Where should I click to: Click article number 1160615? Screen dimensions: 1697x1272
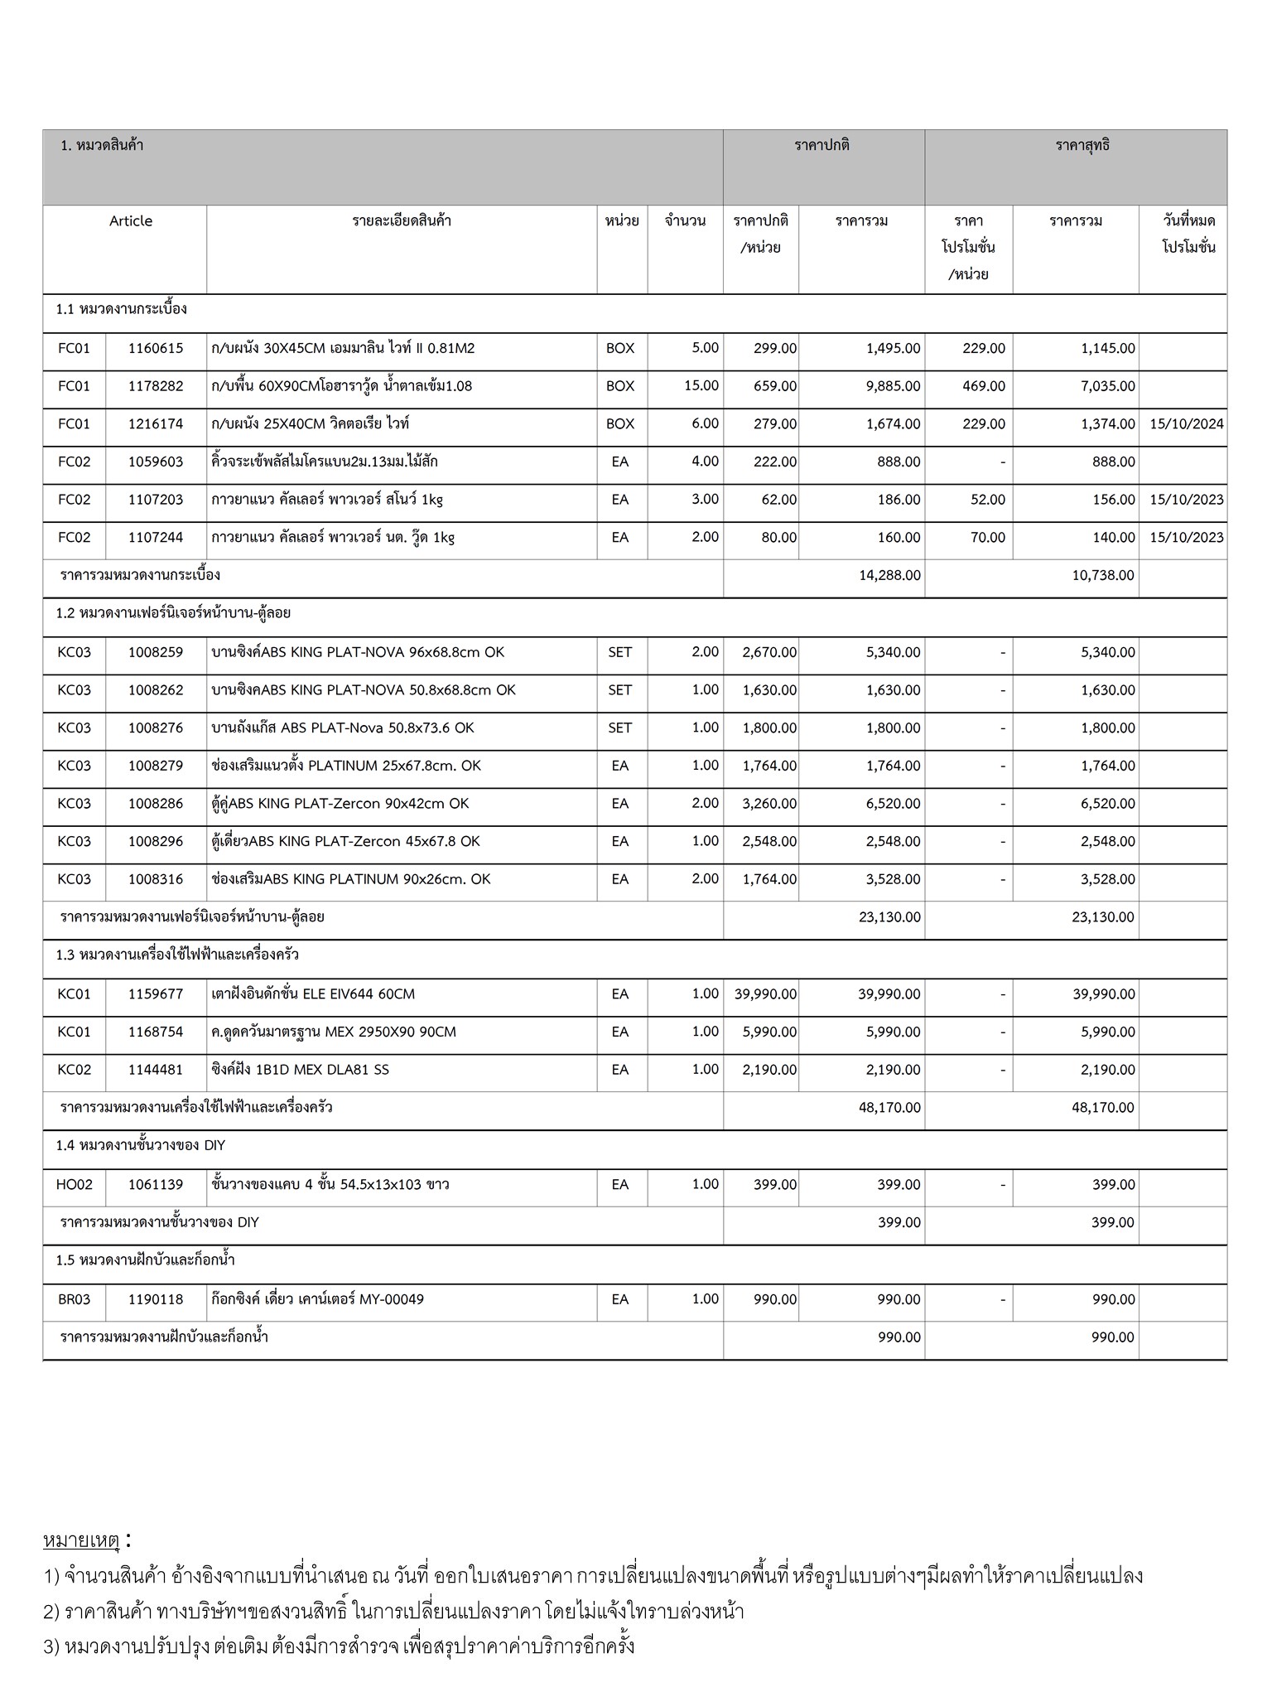156,349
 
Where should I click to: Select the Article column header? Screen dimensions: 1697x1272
131,221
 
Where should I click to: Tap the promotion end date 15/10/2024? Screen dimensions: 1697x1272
1186,424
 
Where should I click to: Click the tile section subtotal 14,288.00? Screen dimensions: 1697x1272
889,575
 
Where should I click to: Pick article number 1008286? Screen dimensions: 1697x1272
156,804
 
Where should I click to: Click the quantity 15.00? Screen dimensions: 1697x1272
701,386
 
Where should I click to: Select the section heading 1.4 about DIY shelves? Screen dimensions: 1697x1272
141,1146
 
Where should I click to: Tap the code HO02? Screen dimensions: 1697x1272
75,1185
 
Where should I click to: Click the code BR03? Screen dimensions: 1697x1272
75,1299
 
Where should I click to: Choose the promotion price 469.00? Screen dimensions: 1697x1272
984,386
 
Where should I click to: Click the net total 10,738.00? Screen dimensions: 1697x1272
1103,575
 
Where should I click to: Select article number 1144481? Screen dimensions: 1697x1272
156,1070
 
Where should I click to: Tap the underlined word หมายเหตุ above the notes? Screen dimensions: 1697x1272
82,1541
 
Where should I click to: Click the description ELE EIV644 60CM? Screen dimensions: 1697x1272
313,994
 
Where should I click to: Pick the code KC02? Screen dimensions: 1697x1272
75,1070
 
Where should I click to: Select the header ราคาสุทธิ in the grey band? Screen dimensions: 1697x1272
1082,146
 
